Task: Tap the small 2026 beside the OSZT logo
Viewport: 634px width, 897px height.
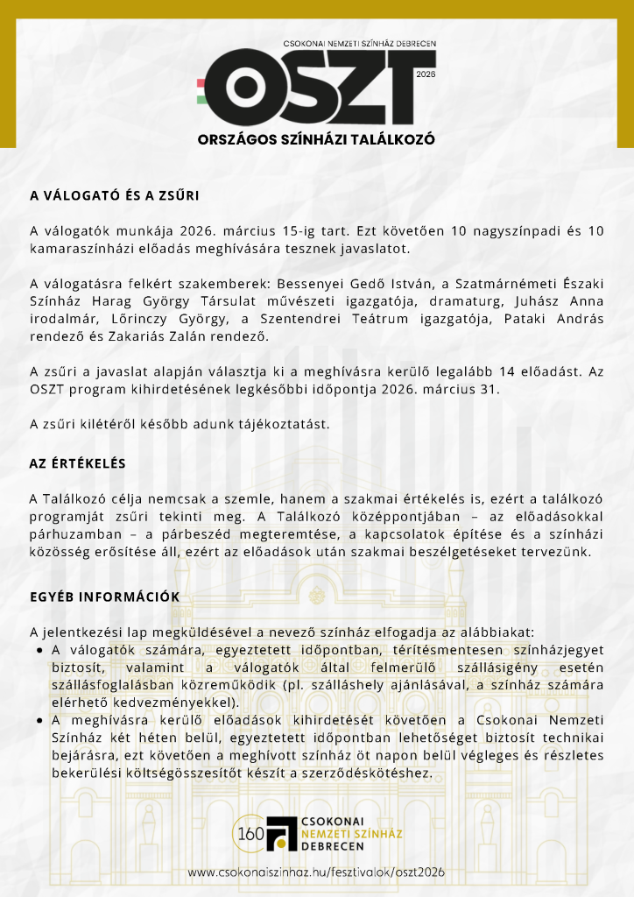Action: (426, 75)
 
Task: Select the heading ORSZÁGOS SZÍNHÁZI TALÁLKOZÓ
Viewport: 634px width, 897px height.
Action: (316, 138)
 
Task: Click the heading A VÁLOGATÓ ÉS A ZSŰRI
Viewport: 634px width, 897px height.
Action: (115, 195)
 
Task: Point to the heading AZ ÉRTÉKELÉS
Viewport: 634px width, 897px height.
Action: (78, 463)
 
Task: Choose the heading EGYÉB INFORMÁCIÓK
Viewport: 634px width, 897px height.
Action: (104, 597)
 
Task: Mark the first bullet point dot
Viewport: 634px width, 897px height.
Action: (40, 651)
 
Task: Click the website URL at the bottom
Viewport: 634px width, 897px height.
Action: (316, 872)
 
